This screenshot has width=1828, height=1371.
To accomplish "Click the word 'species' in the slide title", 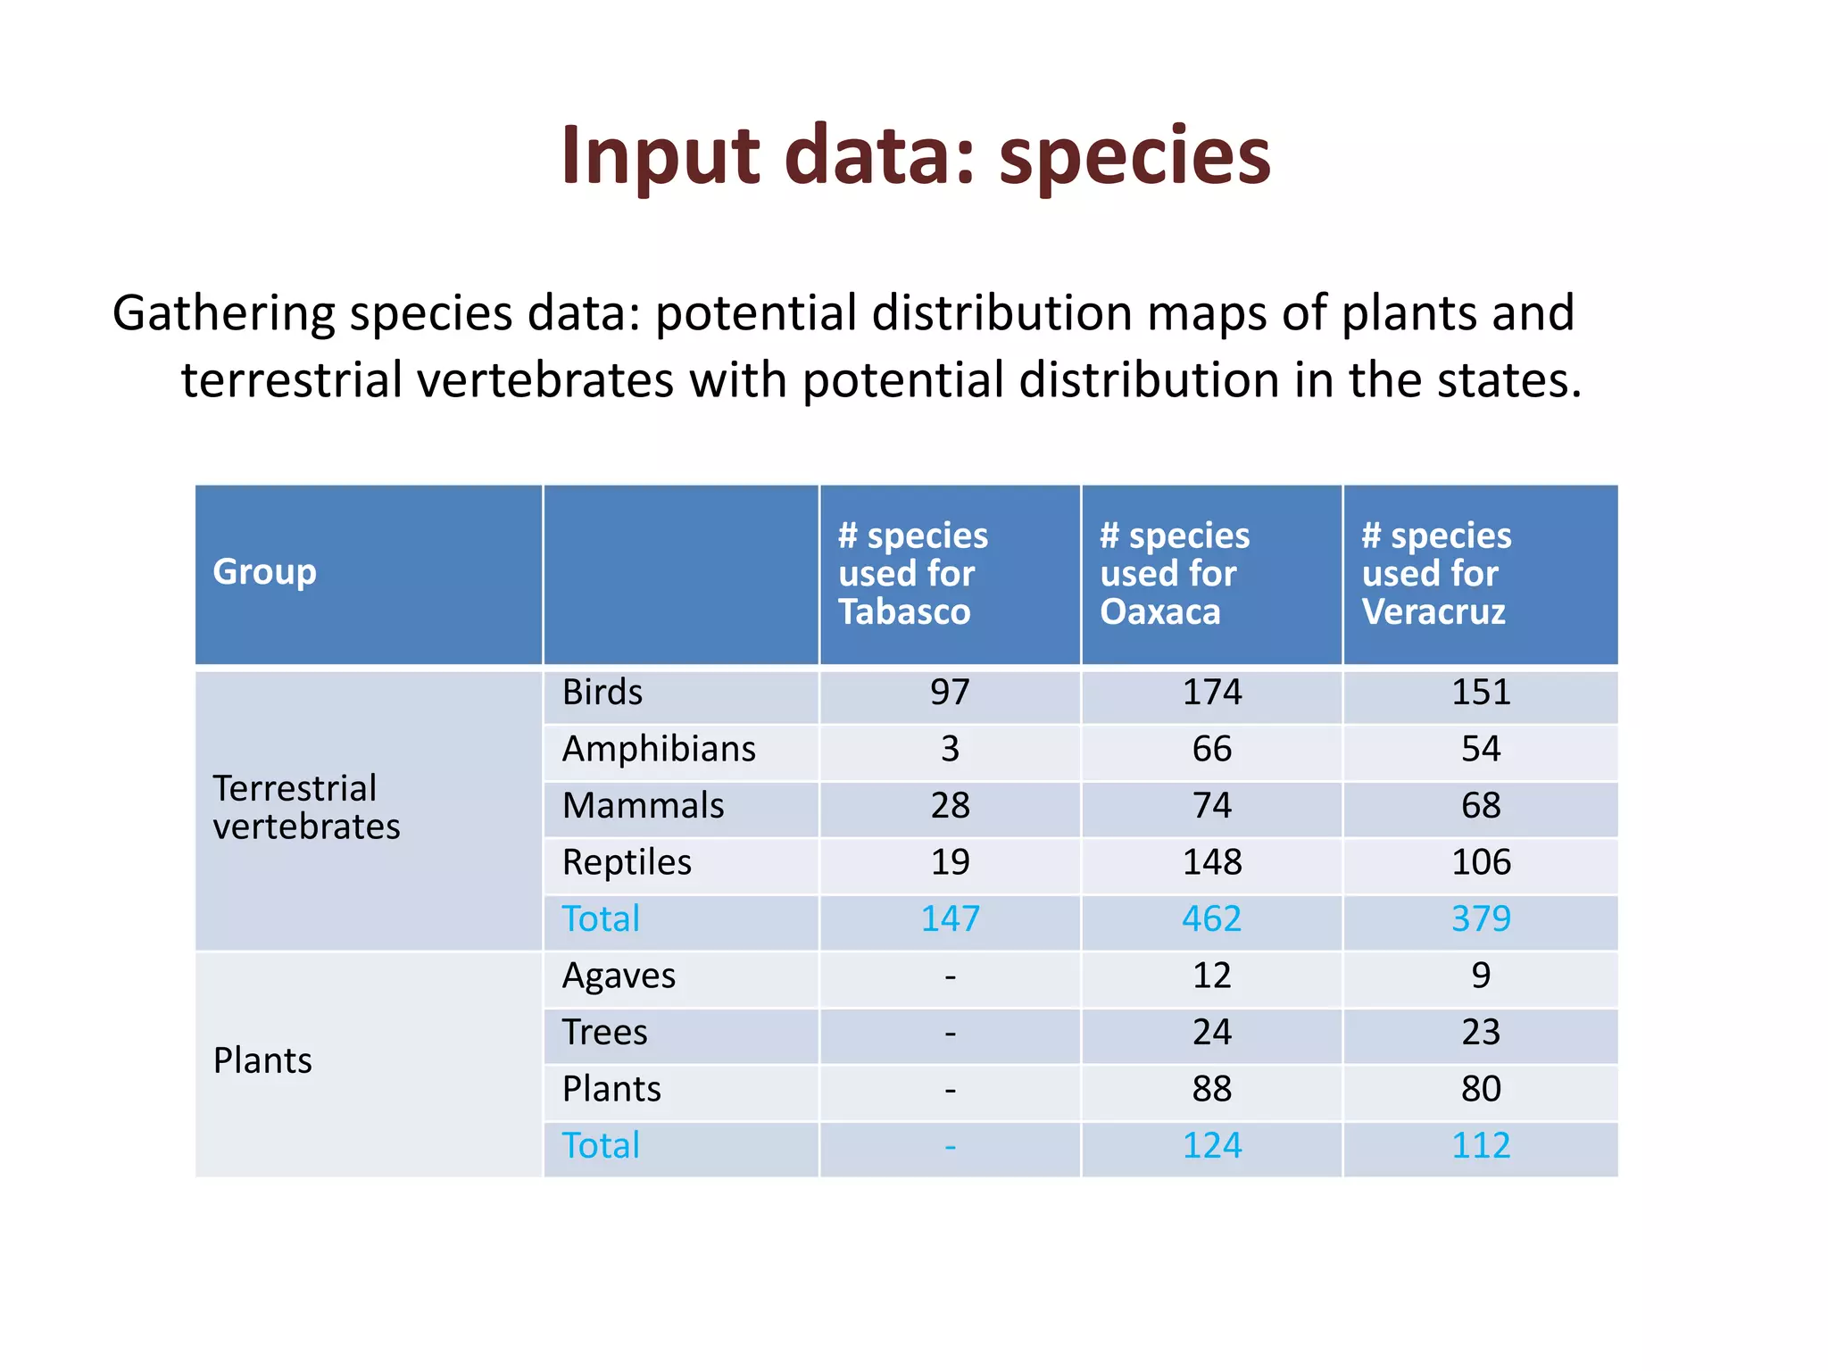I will [x=1134, y=156].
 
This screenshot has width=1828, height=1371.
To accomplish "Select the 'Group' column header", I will [x=264, y=571].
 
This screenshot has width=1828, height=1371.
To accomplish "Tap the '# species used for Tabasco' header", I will [x=912, y=573].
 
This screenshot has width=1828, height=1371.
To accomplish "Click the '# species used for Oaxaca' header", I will [x=1174, y=573].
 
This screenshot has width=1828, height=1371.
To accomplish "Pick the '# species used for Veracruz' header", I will [x=1435, y=573].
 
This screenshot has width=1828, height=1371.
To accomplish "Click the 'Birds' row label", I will [x=602, y=693].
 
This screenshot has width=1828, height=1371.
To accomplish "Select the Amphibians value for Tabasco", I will [x=950, y=749].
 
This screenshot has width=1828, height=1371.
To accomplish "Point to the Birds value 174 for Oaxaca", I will [x=1211, y=693].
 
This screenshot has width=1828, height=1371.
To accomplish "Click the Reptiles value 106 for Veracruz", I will [x=1480, y=862].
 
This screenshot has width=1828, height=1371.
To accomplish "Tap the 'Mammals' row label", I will [x=643, y=806].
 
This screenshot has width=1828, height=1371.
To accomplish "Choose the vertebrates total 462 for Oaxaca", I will [x=1211, y=919].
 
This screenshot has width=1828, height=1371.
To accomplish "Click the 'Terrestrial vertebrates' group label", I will [x=305, y=808].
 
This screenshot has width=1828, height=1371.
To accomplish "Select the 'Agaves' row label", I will [x=618, y=976].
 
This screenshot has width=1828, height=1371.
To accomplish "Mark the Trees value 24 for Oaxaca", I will [x=1211, y=1033].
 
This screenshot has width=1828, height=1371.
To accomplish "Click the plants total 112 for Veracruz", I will [x=1480, y=1146].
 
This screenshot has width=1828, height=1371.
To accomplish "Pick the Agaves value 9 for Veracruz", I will [x=1480, y=976].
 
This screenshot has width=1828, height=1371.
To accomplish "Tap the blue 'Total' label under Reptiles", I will [x=601, y=919].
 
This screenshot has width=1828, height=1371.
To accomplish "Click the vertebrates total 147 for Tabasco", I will [x=950, y=919].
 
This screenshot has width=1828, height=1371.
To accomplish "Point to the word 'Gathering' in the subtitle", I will [x=224, y=314].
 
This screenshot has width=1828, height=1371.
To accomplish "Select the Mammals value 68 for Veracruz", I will [x=1480, y=806].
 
